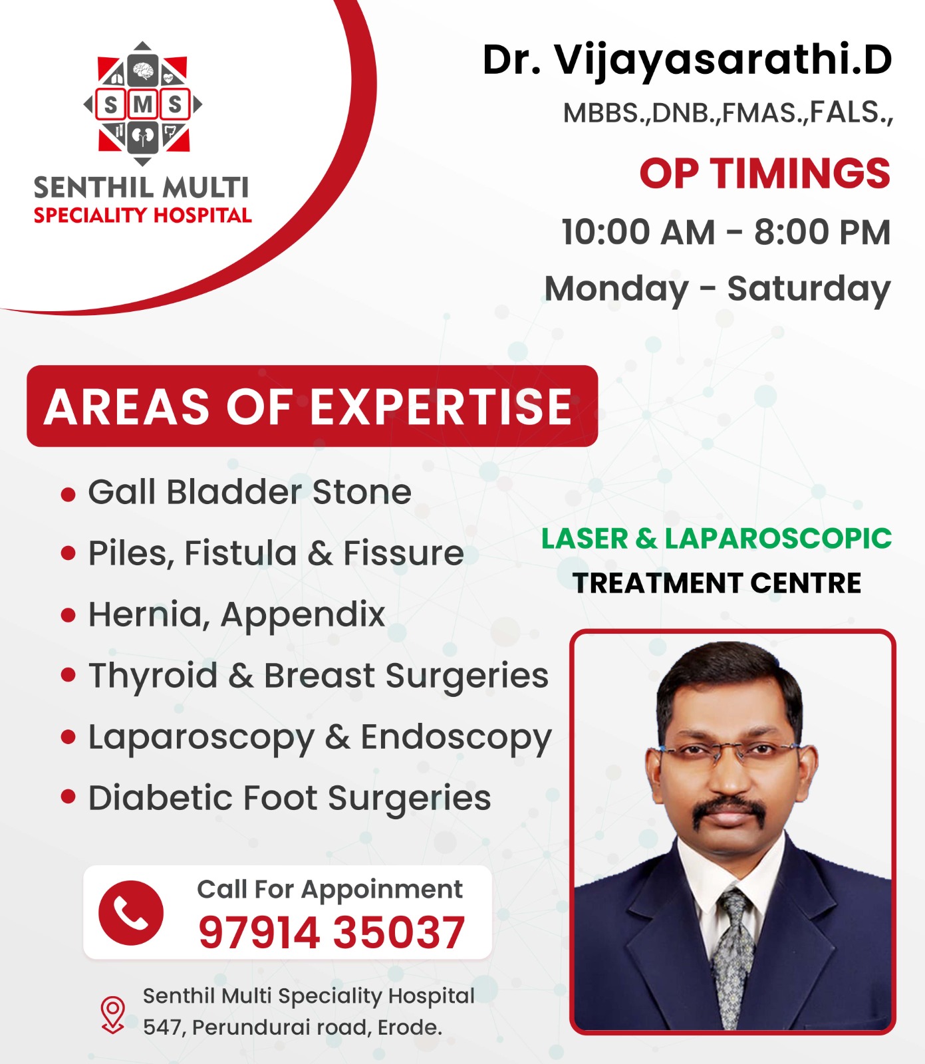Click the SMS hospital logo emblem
coord(142,104)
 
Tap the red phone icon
coord(131,912)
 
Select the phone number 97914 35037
coord(331,932)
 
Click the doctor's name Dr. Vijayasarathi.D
coord(687,61)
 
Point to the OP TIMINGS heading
coord(765,174)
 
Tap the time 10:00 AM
coord(638,232)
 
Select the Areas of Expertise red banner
coord(312,406)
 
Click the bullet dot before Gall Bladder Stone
coord(68,494)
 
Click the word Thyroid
coord(153,677)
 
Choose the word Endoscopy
coord(456,738)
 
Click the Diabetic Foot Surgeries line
coord(290,799)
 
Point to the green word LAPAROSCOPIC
coord(778,539)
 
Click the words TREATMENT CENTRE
coord(717,583)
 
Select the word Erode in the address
coord(410,1027)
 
